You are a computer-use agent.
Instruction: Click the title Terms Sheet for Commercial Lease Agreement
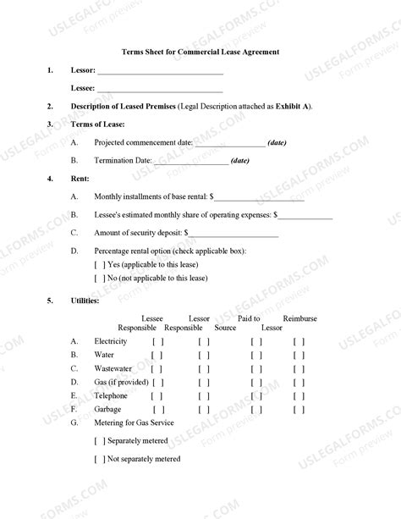(x=200, y=52)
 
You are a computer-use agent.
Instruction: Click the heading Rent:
(x=80, y=179)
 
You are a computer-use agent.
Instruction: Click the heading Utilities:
(x=85, y=301)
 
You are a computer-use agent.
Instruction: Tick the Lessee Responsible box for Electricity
(x=157, y=341)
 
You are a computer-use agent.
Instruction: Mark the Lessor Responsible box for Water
(x=203, y=355)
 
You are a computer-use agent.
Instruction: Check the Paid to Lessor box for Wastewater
(x=257, y=368)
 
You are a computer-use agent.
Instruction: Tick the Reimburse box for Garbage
(x=299, y=408)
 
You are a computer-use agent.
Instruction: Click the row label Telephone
(x=111, y=395)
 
